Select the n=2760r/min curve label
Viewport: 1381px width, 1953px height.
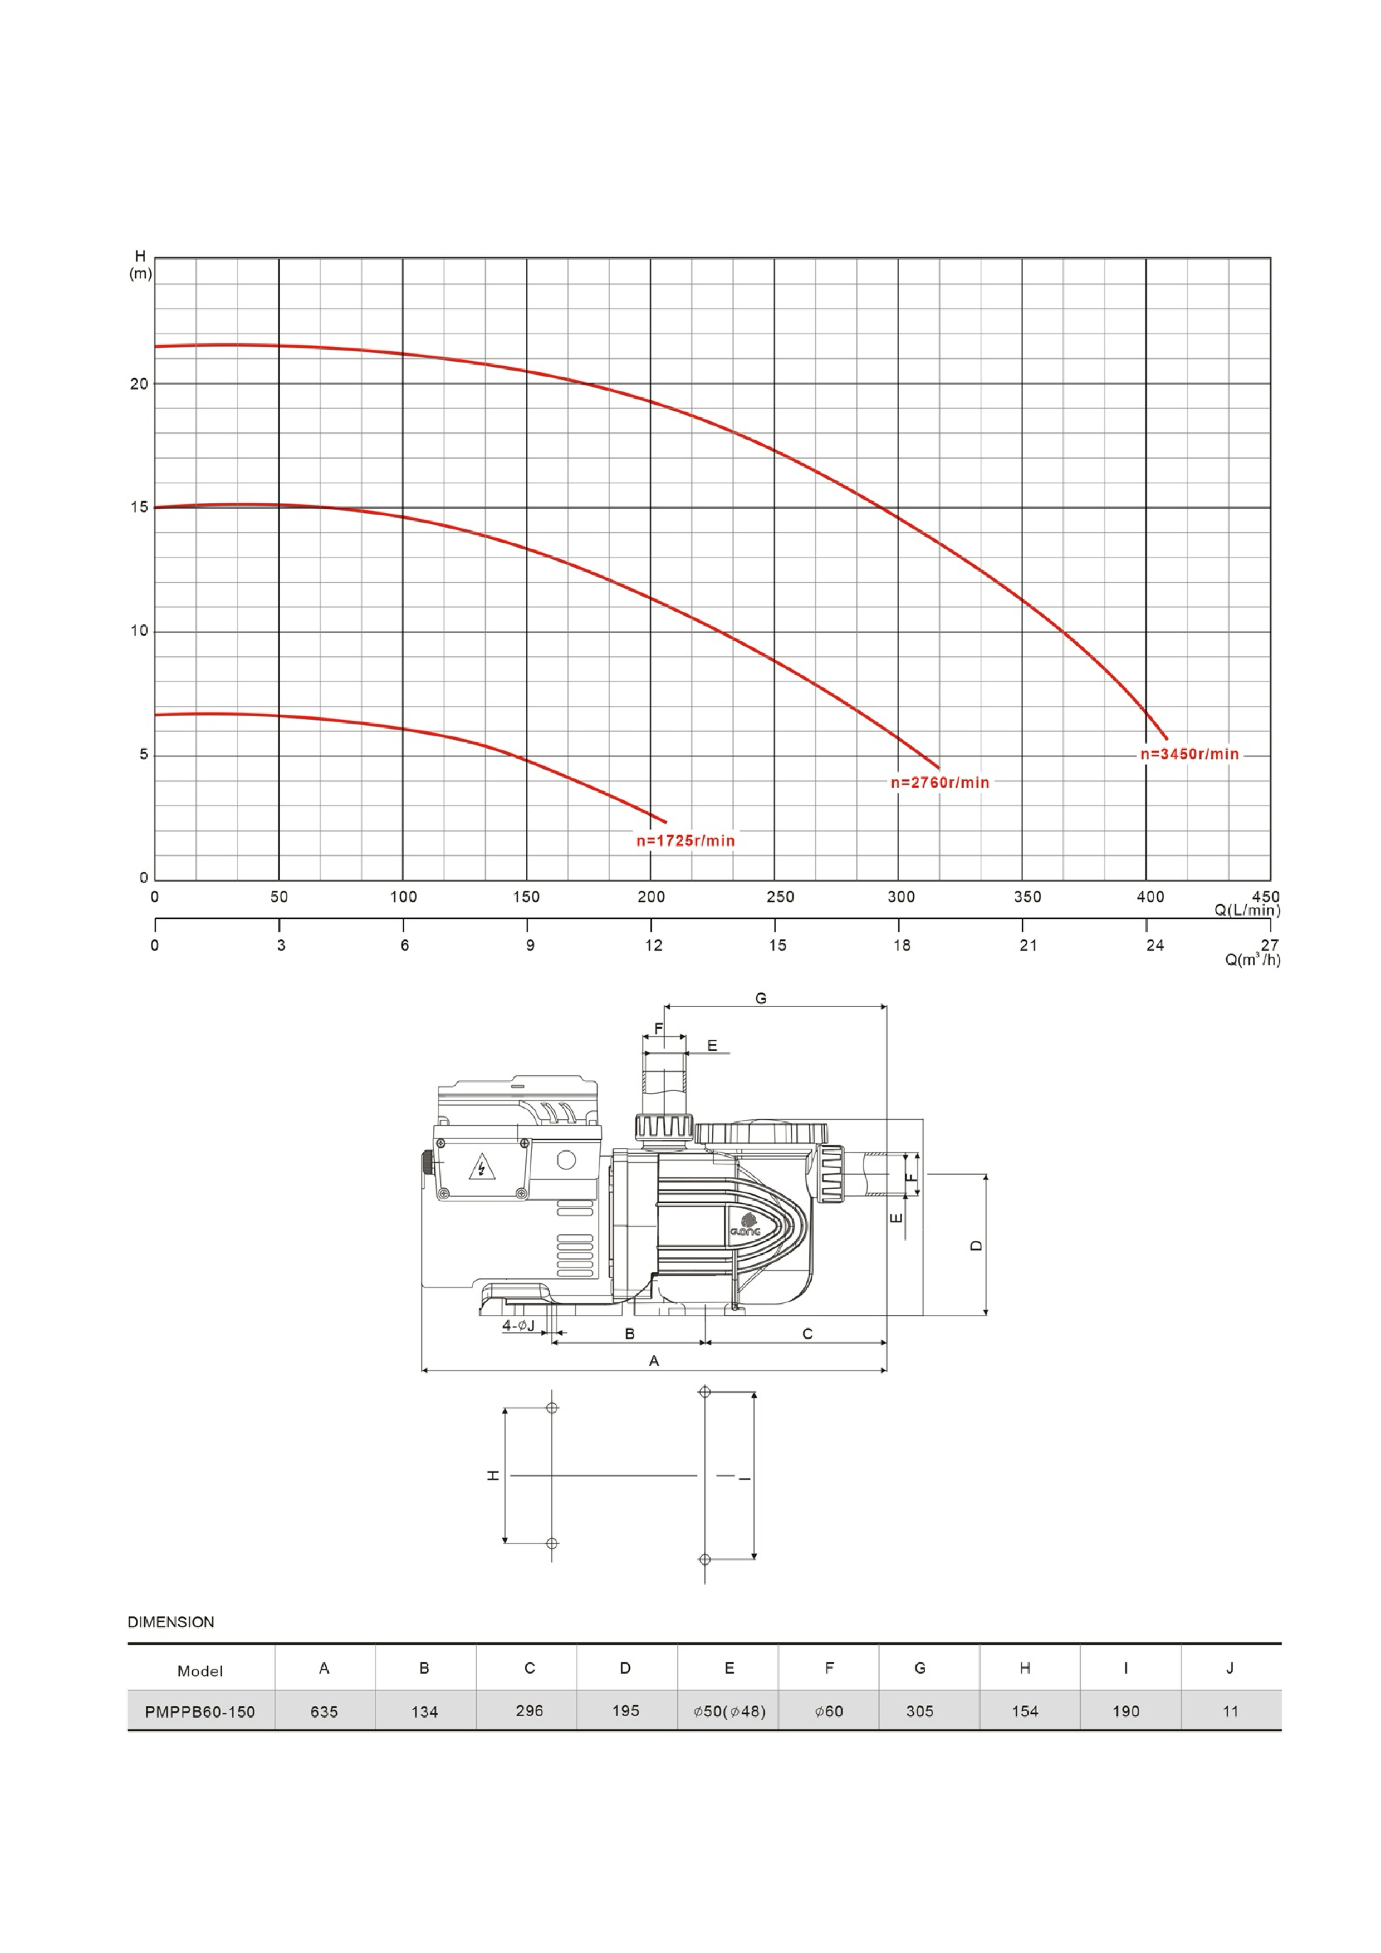939,783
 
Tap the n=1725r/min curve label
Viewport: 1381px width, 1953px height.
685,840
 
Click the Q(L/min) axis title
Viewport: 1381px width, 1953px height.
1247,910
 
